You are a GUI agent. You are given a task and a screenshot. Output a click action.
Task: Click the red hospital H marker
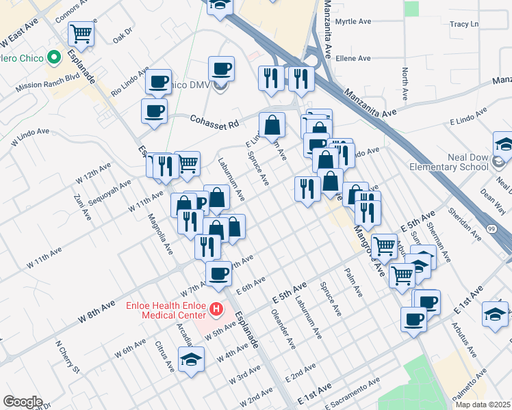point(216,310)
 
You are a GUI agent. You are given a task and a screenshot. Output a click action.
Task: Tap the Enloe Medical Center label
point(166,310)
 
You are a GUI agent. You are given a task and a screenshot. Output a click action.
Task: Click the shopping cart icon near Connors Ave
point(81,34)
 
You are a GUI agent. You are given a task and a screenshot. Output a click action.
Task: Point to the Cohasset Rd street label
point(214,122)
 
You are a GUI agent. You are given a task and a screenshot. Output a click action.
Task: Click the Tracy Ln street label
point(463,25)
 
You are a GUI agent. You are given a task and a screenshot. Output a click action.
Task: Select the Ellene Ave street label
point(353,59)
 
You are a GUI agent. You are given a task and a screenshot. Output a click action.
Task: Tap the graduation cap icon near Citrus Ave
point(192,359)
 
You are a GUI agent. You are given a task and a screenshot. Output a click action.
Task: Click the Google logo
point(23,402)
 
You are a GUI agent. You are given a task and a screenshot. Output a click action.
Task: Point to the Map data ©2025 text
point(482,405)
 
